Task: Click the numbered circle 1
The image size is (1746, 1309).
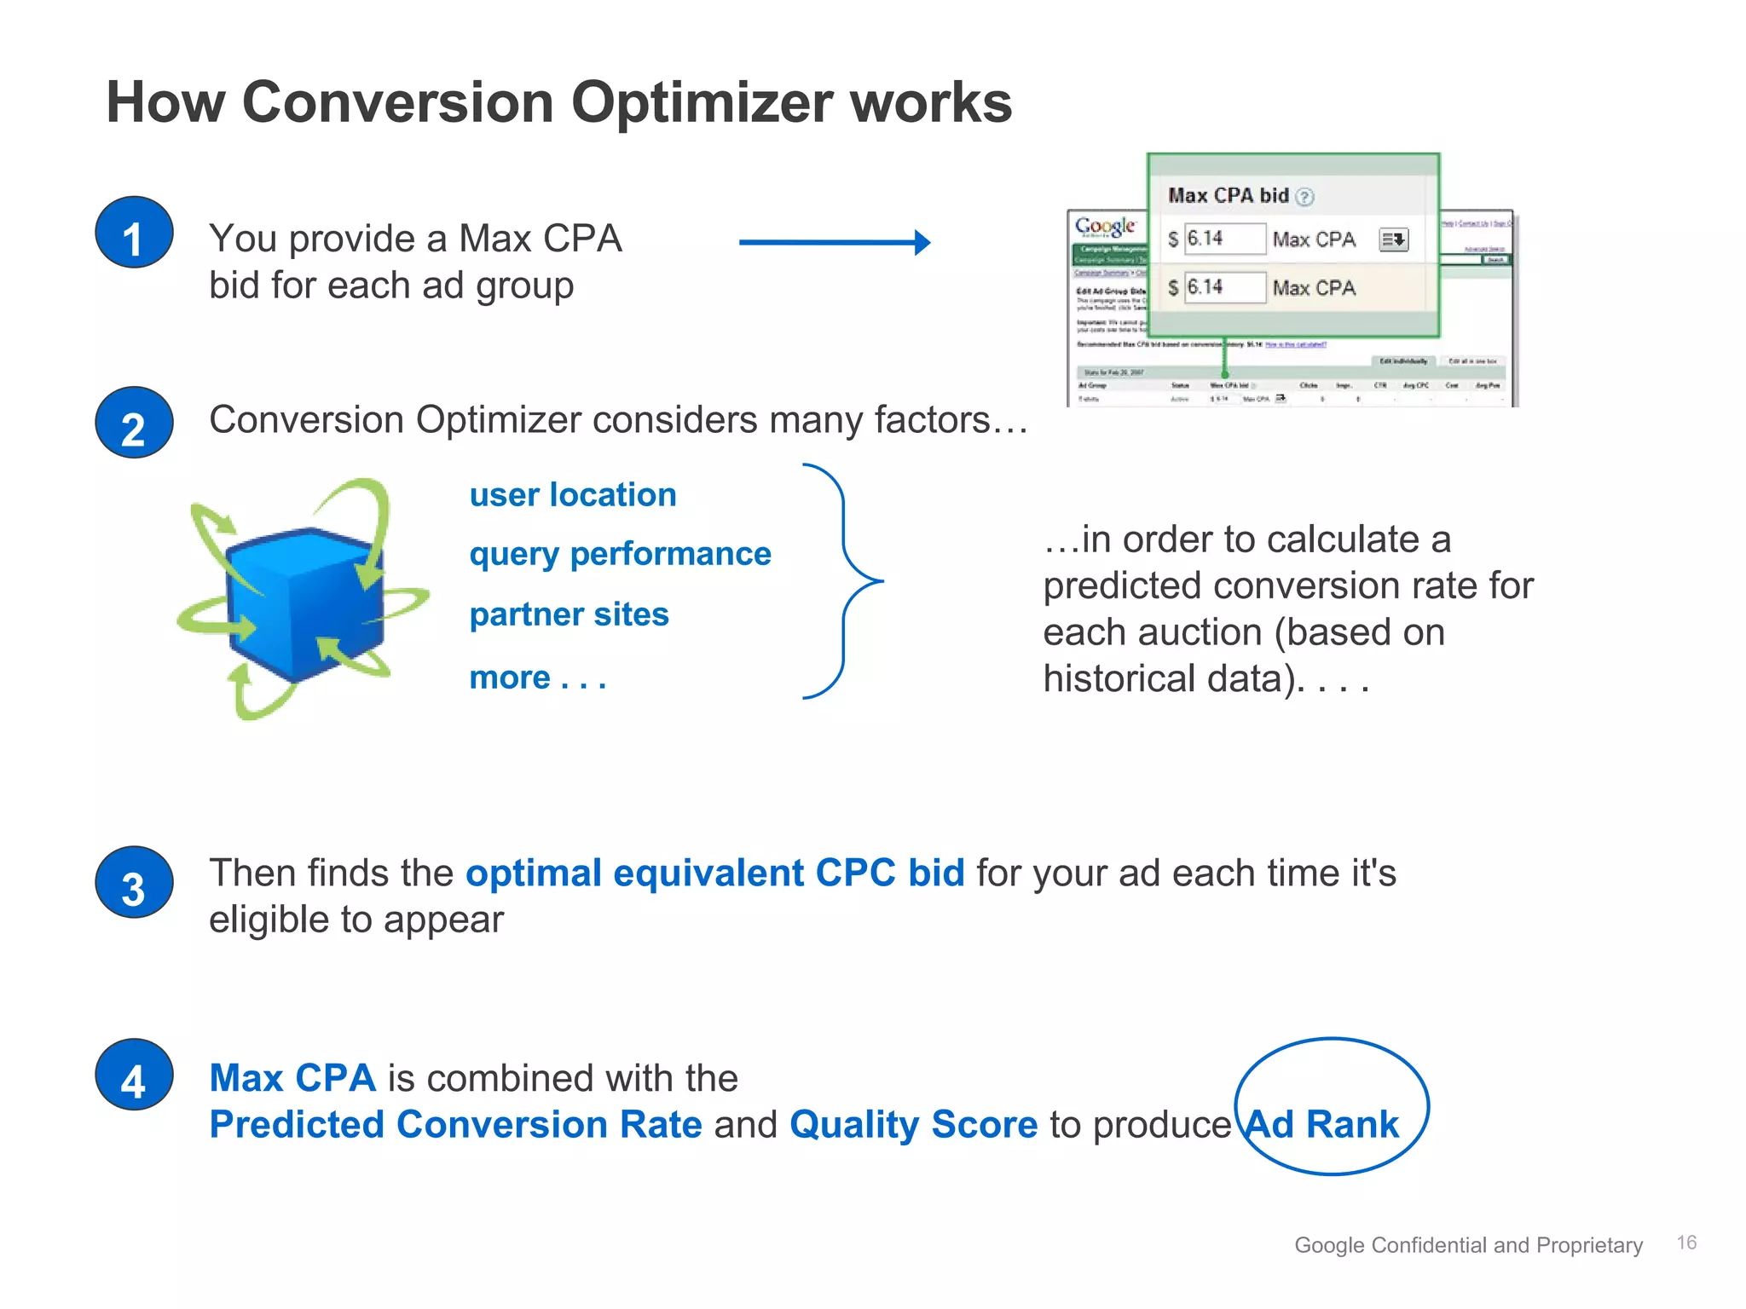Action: click(134, 233)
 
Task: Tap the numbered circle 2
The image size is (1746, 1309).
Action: click(134, 423)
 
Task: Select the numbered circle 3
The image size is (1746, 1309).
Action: click(134, 883)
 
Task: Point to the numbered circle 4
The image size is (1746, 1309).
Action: click(134, 1075)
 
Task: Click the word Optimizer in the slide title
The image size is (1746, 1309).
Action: click(702, 103)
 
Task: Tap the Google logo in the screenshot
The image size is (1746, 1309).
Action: click(1105, 227)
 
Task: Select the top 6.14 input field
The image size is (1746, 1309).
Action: click(1223, 239)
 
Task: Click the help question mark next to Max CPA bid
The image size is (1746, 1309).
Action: click(1304, 197)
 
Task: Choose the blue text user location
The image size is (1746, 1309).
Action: click(573, 495)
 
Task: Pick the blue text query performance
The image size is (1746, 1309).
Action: click(620, 555)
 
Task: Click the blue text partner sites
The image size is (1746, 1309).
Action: click(569, 614)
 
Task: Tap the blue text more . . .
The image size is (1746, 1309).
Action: click(511, 678)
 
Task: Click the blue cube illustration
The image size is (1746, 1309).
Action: click(304, 603)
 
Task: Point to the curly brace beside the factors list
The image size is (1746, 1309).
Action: click(844, 581)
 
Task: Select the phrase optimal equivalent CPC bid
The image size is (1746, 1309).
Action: click(714, 874)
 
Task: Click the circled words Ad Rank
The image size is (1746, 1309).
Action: click(1322, 1125)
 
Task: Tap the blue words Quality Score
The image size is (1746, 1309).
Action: click(913, 1125)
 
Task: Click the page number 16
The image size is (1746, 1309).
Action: click(1685, 1243)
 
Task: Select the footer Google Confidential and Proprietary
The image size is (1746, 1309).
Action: click(1468, 1245)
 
